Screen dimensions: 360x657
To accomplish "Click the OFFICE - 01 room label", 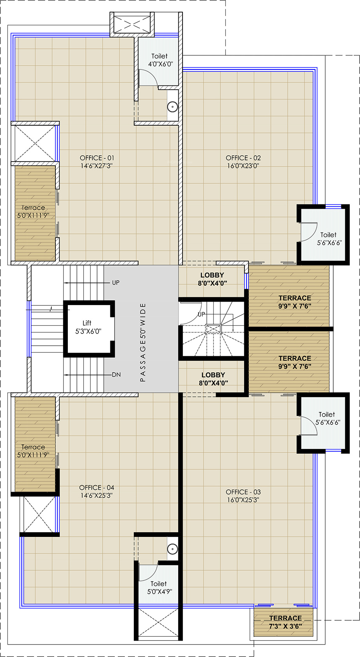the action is (97, 162).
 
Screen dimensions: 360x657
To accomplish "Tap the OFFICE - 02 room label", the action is (243, 162).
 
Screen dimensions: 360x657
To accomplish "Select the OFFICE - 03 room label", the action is (243, 496).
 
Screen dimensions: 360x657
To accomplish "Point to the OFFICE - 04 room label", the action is (96, 491).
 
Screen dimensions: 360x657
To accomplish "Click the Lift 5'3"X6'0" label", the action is (88, 327).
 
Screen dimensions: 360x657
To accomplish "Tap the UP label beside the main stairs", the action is (116, 283).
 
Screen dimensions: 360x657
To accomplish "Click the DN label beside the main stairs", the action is (116, 375).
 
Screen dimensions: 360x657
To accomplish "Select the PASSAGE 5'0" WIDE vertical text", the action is (143, 342).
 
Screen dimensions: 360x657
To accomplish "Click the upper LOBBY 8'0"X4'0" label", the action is (212, 279).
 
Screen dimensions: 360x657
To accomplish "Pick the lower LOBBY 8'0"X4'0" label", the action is (213, 379).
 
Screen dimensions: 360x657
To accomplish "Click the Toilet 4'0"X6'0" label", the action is (160, 60).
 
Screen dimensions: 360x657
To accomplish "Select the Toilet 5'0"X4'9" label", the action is (159, 588).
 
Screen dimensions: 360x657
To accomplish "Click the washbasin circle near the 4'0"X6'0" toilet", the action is (172, 107).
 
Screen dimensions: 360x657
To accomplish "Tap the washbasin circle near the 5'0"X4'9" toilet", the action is (172, 549).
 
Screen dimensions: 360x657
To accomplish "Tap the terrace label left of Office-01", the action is (33, 211).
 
